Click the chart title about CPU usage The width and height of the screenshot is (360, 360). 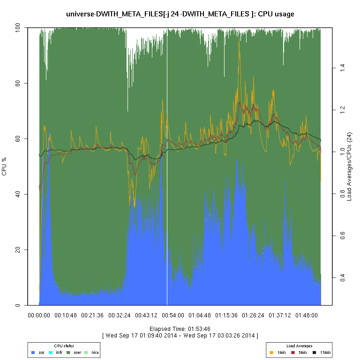click(x=180, y=14)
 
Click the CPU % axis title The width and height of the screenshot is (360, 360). click(x=4, y=166)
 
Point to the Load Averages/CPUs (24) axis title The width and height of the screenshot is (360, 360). click(x=349, y=166)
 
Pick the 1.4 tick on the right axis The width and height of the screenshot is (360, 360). click(x=342, y=68)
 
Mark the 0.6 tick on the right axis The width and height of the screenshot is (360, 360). click(x=342, y=236)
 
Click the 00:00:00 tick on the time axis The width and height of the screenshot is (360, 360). click(x=39, y=315)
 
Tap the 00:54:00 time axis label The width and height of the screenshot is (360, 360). click(x=173, y=315)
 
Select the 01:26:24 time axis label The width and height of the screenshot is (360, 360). click(x=254, y=315)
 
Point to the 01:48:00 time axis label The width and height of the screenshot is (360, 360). click(x=307, y=315)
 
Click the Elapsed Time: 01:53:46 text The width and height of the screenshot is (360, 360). click(x=180, y=329)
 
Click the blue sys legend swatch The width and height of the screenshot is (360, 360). click(x=33, y=352)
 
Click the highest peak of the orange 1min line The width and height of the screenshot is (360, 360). click(x=239, y=41)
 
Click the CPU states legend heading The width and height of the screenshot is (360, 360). click(x=64, y=346)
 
